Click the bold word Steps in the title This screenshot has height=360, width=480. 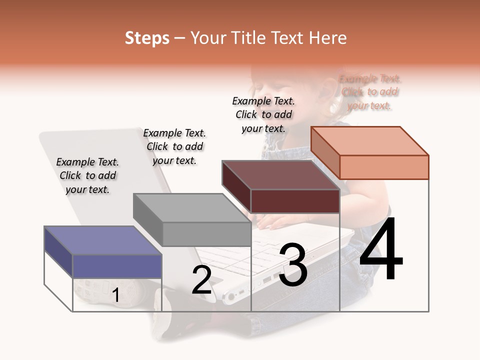(x=147, y=38)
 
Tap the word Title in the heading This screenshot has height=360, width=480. (x=250, y=38)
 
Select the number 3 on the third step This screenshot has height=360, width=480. (x=293, y=265)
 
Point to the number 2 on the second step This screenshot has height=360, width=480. (x=202, y=280)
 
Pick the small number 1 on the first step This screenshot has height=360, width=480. (x=115, y=295)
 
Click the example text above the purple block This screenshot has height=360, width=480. (x=87, y=175)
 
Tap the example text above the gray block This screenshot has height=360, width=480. (x=174, y=146)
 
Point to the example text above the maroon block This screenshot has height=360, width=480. (x=263, y=114)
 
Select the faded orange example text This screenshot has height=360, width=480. (x=370, y=92)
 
